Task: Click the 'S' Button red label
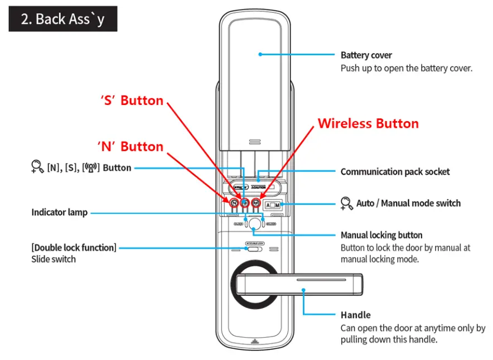click(x=132, y=101)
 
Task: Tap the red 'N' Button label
click(x=130, y=147)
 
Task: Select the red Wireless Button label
click(x=368, y=123)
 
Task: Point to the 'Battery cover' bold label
click(x=366, y=55)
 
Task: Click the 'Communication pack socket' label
click(x=395, y=172)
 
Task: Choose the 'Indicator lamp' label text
click(x=59, y=213)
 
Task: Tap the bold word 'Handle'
click(x=355, y=315)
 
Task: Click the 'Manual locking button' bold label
click(x=381, y=235)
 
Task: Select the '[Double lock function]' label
click(x=74, y=247)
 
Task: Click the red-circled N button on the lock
click(x=234, y=203)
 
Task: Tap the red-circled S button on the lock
click(x=245, y=203)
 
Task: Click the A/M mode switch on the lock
click(x=273, y=204)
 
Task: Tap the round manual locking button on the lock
click(x=254, y=225)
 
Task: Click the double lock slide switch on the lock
click(x=254, y=249)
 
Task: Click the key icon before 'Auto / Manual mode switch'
click(x=346, y=204)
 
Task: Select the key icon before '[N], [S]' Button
click(x=37, y=167)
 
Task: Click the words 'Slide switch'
click(x=54, y=259)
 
